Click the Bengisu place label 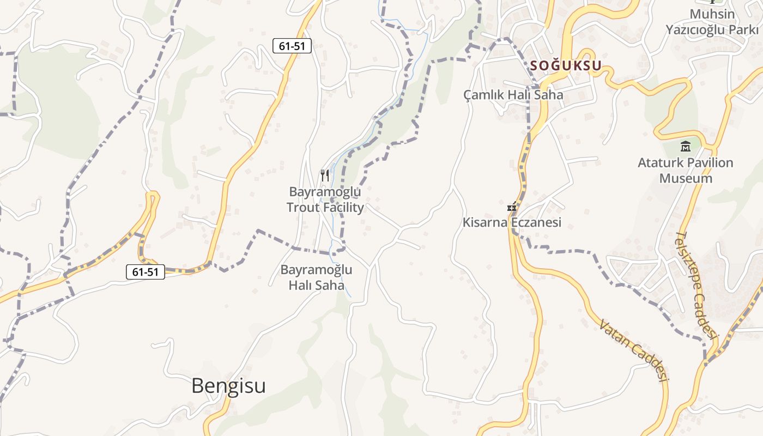tap(228, 386)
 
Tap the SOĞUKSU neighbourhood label tap(566, 66)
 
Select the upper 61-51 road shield tap(292, 46)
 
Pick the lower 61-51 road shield tap(146, 271)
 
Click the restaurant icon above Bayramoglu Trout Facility tap(325, 175)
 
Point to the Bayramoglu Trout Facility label tap(325, 199)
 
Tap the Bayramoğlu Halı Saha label tap(316, 277)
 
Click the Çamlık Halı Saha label tap(513, 95)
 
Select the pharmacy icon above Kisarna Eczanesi tap(512, 207)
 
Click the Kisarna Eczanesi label tap(512, 222)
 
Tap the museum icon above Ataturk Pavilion tap(686, 146)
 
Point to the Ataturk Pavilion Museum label tap(686, 170)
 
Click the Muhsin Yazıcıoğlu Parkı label tap(712, 22)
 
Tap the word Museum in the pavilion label tap(686, 178)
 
